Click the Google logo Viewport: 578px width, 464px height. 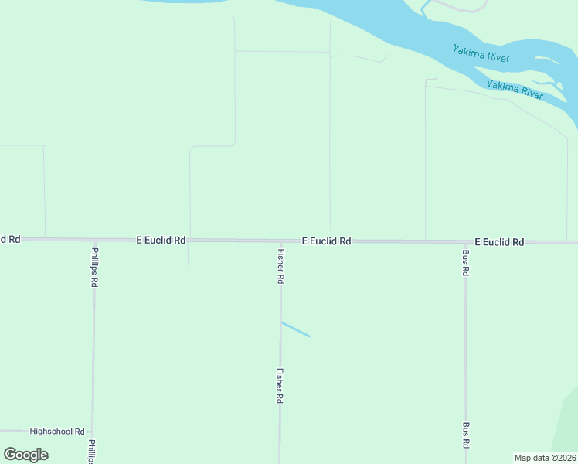pyautogui.click(x=26, y=455)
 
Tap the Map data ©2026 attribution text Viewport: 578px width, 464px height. pyautogui.click(x=546, y=458)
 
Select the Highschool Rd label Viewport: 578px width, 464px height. pyautogui.click(x=57, y=431)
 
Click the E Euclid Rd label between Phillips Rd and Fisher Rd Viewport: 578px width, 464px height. pyautogui.click(x=161, y=241)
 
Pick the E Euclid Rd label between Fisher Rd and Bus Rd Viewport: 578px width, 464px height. pyautogui.click(x=326, y=241)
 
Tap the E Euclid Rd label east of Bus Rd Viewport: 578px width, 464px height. pyautogui.click(x=499, y=242)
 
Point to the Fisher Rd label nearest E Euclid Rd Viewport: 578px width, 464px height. pyautogui.click(x=280, y=265)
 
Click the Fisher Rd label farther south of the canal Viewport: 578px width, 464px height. pyautogui.click(x=280, y=385)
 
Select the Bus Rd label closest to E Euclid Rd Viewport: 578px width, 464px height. pyautogui.click(x=465, y=263)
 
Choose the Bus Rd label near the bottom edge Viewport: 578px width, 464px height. pyautogui.click(x=465, y=435)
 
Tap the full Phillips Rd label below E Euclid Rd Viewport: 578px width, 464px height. pyautogui.click(x=94, y=267)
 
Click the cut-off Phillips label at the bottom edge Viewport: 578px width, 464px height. pyautogui.click(x=92, y=452)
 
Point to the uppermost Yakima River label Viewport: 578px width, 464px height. pyautogui.click(x=481, y=53)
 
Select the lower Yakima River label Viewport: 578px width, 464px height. pyautogui.click(x=515, y=90)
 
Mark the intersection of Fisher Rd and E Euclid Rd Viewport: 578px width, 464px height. pyautogui.click(x=280, y=241)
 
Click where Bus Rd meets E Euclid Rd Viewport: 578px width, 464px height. pyautogui.click(x=465, y=242)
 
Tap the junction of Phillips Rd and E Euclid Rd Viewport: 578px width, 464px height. pyautogui.click(x=94, y=241)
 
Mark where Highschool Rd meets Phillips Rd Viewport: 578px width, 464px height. pyautogui.click(x=93, y=432)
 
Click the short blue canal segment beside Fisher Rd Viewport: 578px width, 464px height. pyautogui.click(x=295, y=329)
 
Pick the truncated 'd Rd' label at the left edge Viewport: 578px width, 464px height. pyautogui.click(x=9, y=239)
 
